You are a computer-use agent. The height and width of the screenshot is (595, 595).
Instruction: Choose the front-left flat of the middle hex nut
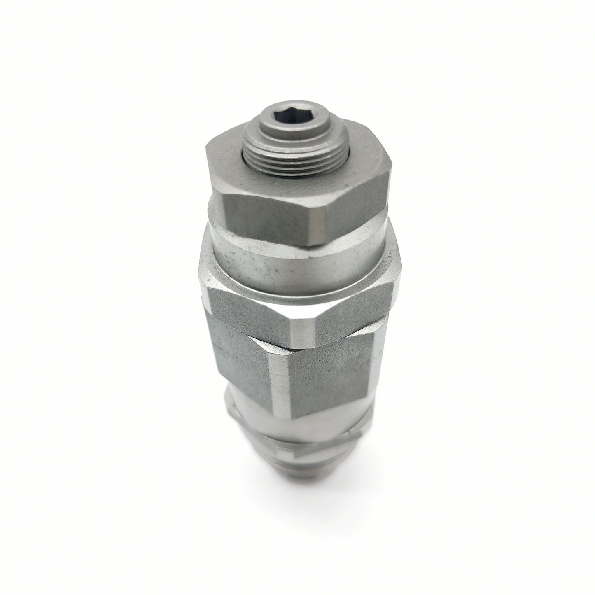pyautogui.click(x=247, y=305)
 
